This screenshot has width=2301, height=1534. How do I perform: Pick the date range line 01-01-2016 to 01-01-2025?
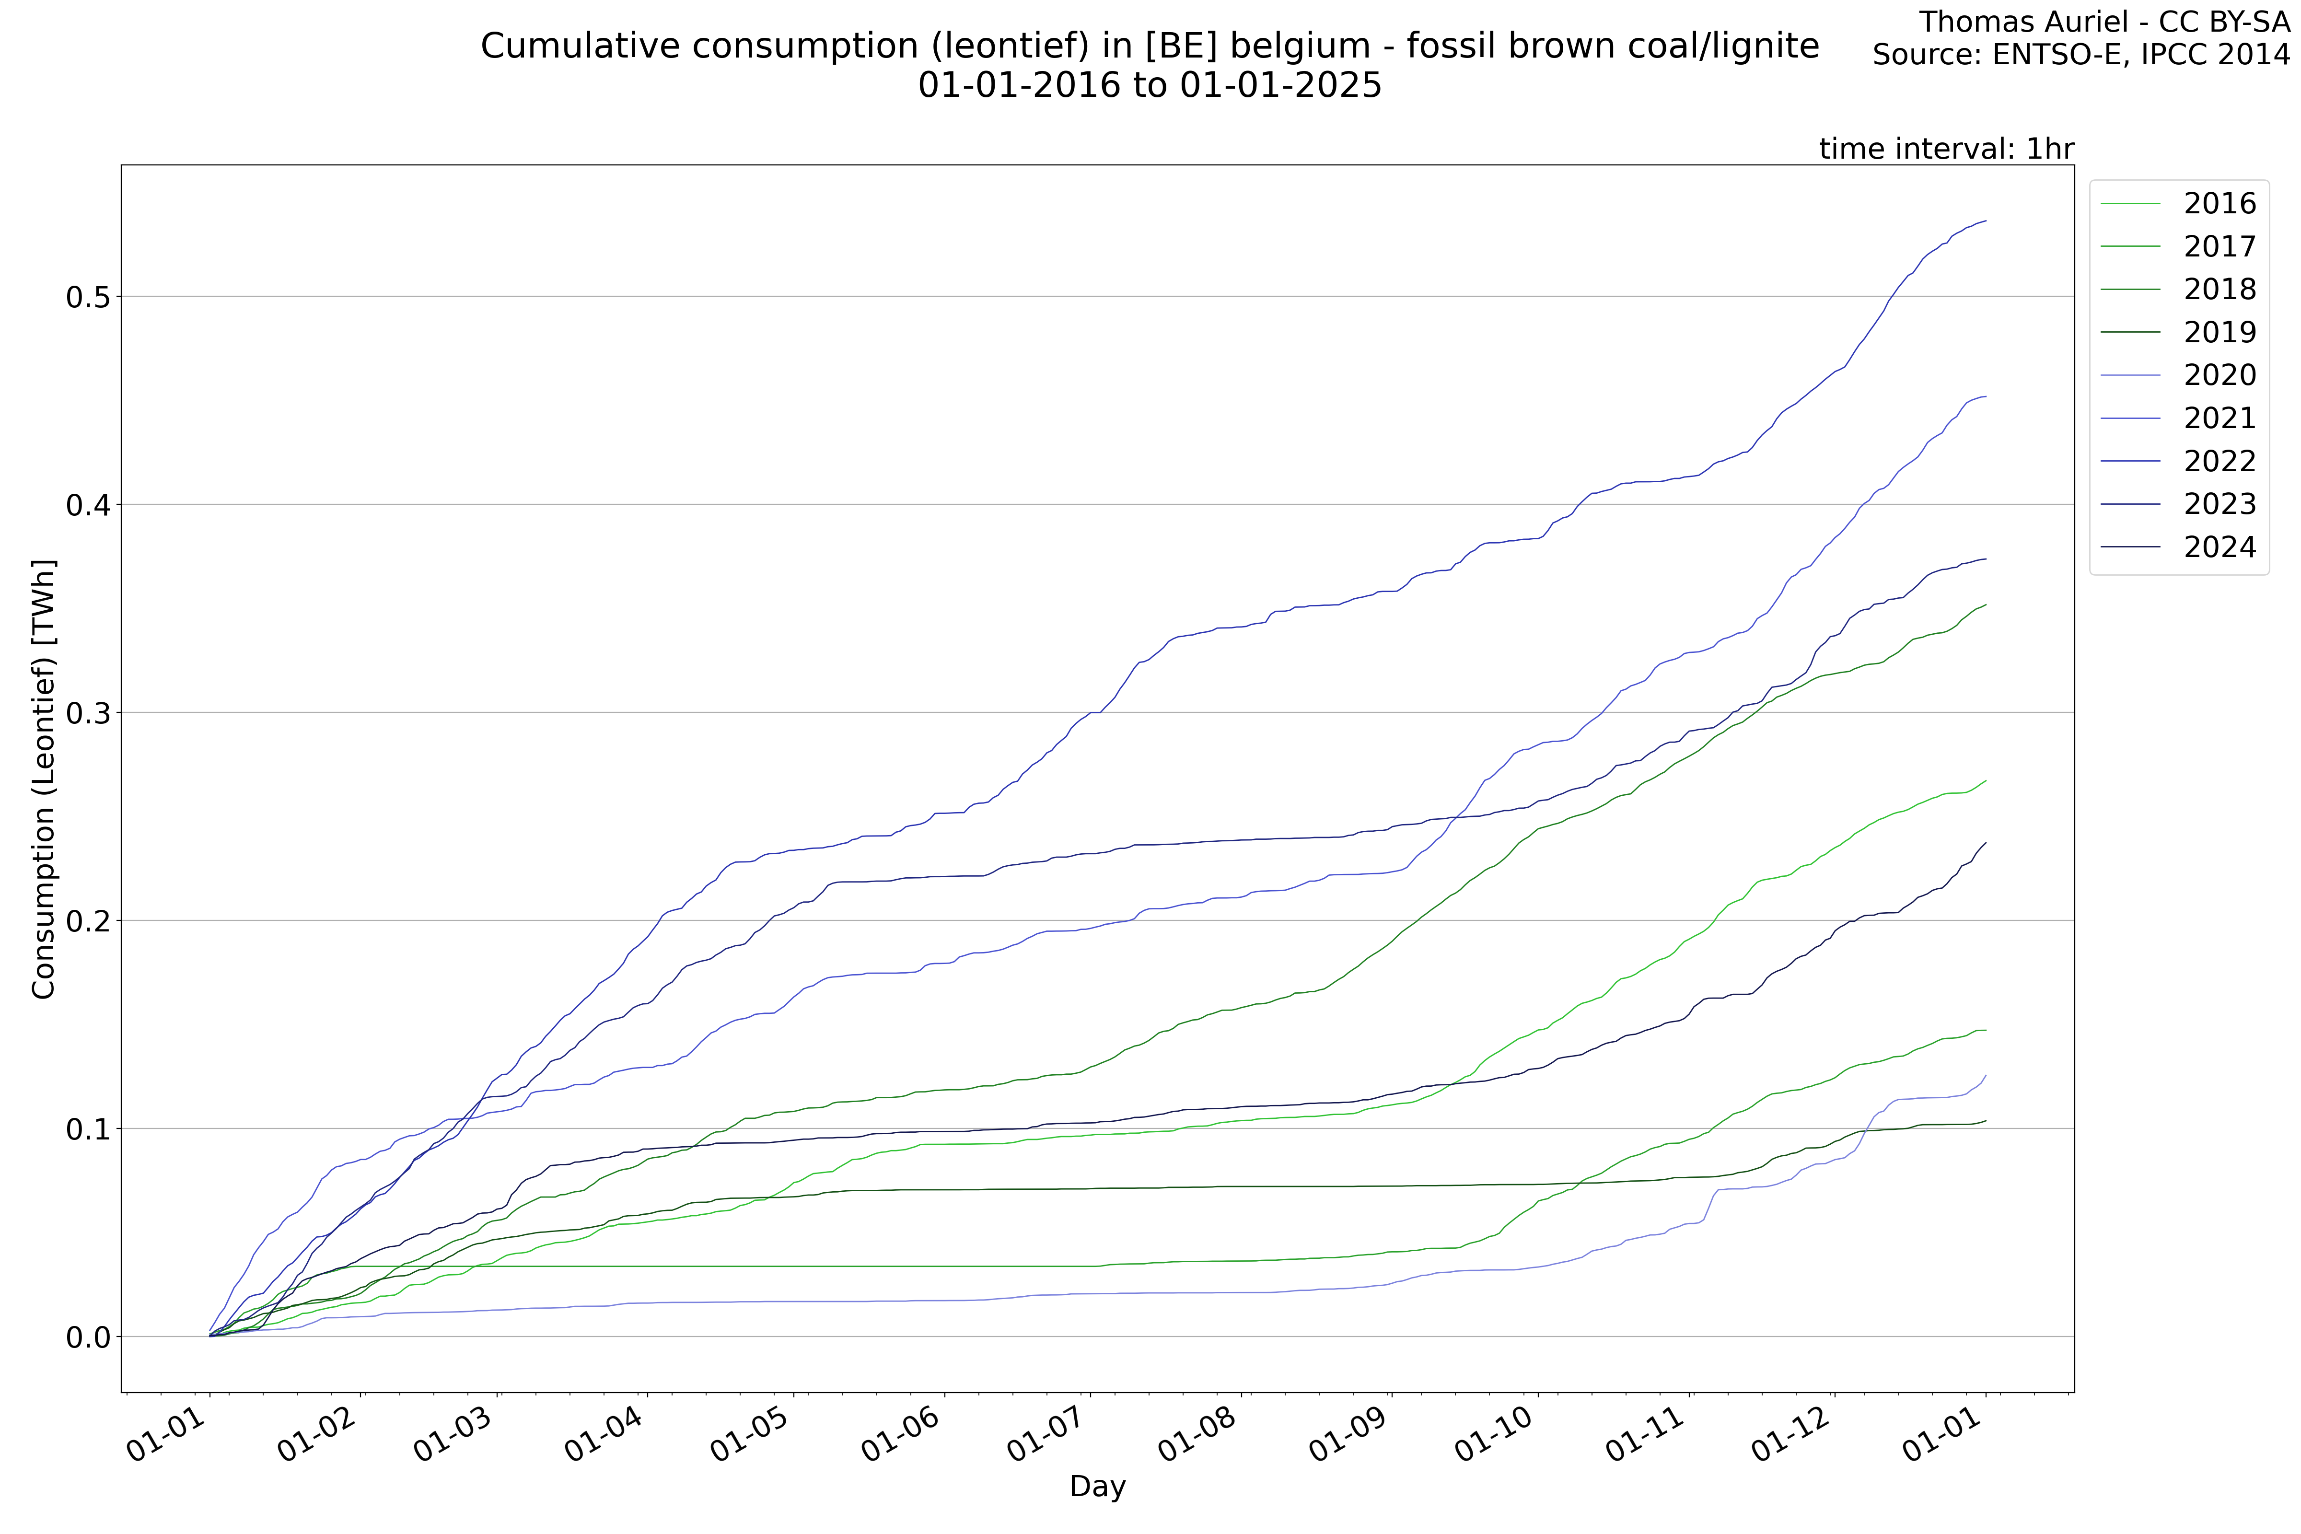(1150, 85)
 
